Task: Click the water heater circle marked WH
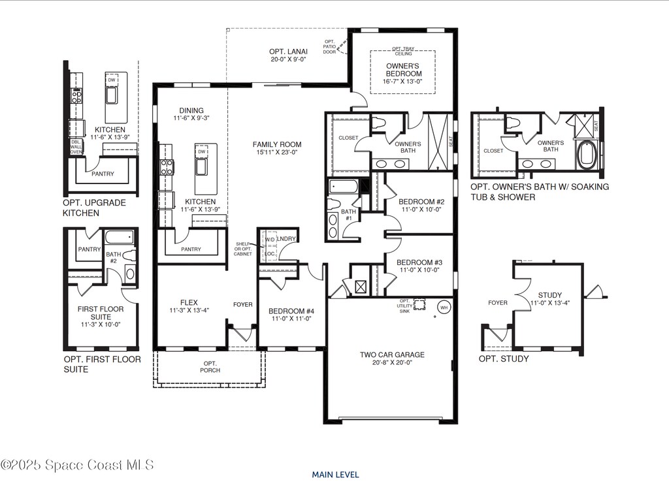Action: pos(444,307)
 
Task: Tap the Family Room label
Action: pos(277,144)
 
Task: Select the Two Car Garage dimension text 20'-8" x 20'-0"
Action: pos(392,362)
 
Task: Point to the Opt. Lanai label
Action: pos(288,52)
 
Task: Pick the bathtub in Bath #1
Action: pos(344,187)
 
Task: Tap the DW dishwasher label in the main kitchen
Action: pos(202,151)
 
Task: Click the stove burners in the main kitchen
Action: pos(167,166)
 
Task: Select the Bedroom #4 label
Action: pos(291,311)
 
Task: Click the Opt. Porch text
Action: pos(210,367)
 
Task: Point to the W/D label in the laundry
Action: pos(270,240)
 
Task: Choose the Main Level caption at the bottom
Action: pos(335,475)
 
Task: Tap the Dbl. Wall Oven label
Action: pos(76,147)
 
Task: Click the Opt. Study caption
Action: pos(504,358)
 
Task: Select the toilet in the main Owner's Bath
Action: pos(378,123)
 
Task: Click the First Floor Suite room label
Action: pos(101,313)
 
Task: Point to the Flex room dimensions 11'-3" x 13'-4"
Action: pos(189,311)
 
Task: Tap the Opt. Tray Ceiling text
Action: pos(402,51)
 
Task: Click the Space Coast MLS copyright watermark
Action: pos(77,465)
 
